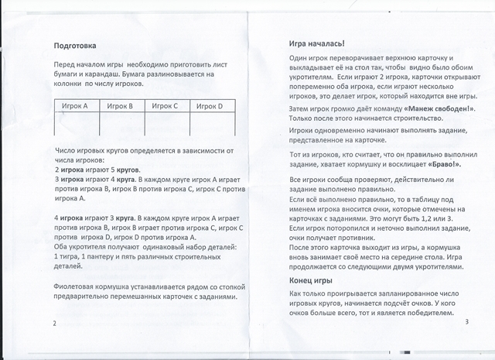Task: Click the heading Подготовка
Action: tap(75, 45)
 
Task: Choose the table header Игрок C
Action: tap(165, 106)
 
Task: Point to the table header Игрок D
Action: tap(210, 106)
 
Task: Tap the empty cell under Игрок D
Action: tap(210, 124)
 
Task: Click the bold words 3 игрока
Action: tap(71, 178)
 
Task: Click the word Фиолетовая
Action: tap(79, 285)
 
